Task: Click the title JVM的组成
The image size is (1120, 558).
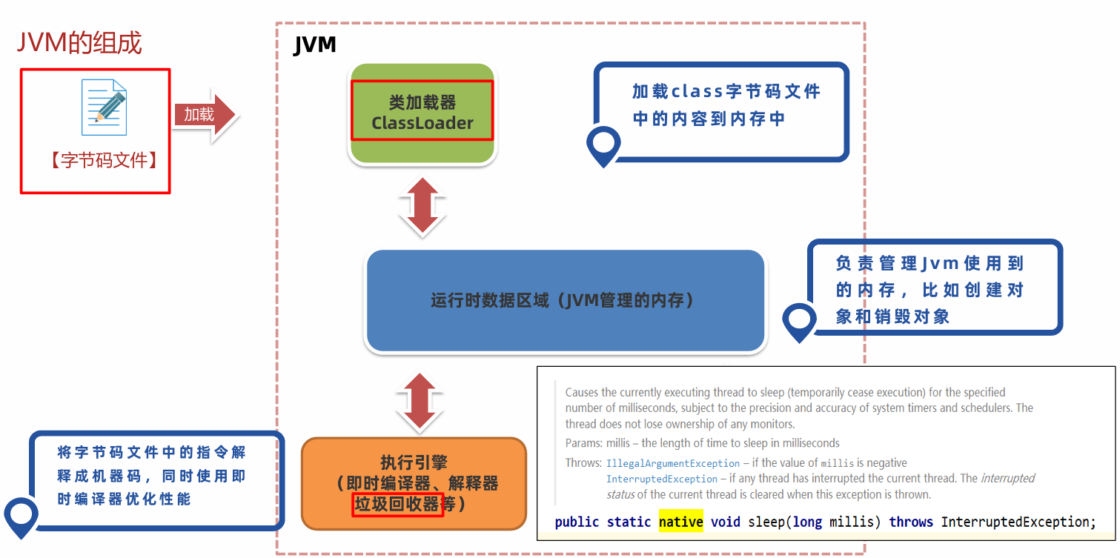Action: click(x=79, y=43)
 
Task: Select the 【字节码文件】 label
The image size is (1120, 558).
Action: click(x=104, y=160)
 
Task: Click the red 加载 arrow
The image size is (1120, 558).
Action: click(x=203, y=114)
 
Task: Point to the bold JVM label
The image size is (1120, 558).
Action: click(x=314, y=45)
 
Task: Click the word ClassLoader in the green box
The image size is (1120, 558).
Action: click(x=422, y=123)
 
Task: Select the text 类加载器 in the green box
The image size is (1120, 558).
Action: click(x=422, y=102)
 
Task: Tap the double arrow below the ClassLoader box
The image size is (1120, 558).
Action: click(x=421, y=205)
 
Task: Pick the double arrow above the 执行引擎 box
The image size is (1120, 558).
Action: click(x=420, y=401)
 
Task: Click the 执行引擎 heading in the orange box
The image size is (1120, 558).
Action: click(x=414, y=462)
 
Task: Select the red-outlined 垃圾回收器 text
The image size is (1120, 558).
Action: click(x=397, y=504)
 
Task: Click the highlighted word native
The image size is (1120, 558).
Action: click(x=680, y=522)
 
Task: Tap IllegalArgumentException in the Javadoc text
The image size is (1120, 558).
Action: click(x=672, y=463)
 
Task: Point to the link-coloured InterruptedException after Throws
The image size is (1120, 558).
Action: click(x=662, y=479)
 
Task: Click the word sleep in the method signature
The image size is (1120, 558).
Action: click(x=766, y=522)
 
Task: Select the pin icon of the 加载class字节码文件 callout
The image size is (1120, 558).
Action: click(x=603, y=145)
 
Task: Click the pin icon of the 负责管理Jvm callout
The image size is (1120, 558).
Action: click(x=799, y=322)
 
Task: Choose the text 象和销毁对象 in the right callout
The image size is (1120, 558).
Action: click(x=892, y=316)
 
